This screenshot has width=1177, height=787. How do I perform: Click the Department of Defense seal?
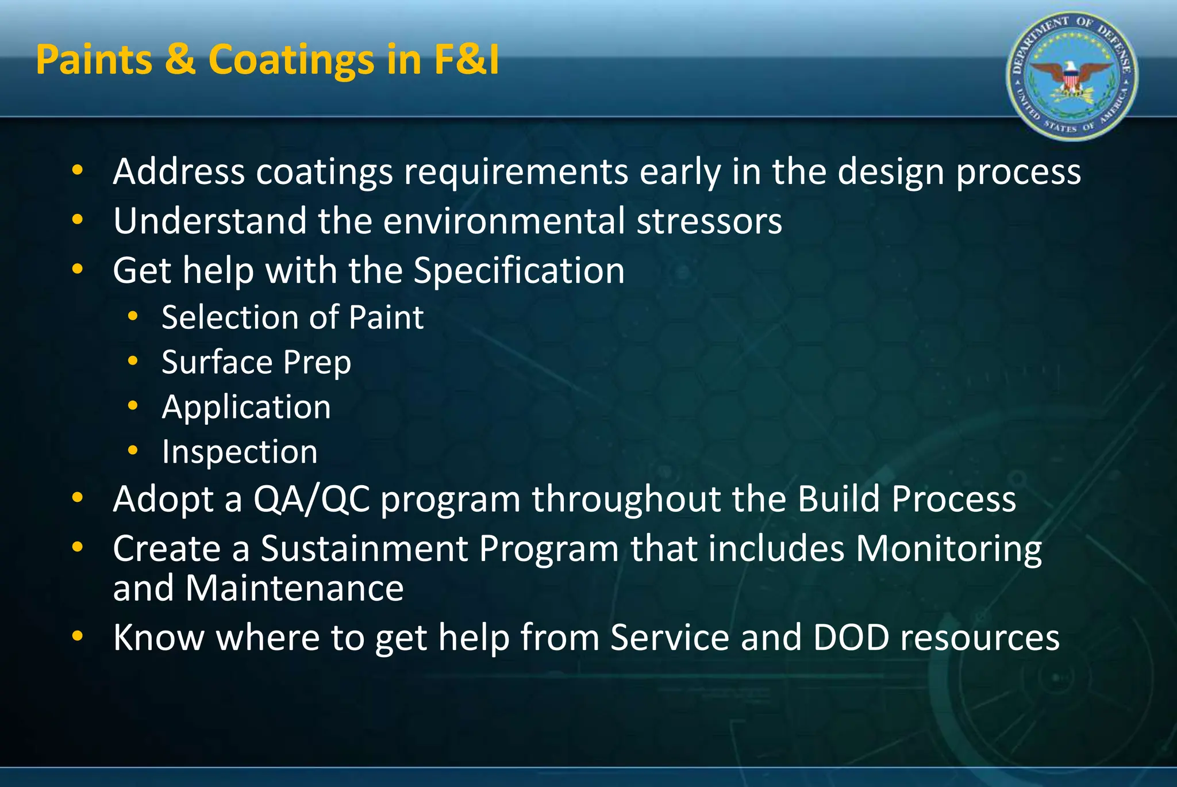(x=1072, y=76)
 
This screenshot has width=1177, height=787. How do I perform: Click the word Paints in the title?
(x=94, y=60)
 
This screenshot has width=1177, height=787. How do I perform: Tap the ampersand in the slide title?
(x=180, y=60)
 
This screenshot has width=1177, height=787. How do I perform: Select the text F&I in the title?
(x=467, y=60)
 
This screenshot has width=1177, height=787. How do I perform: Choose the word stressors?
(x=709, y=221)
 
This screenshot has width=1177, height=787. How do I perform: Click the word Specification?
(x=519, y=271)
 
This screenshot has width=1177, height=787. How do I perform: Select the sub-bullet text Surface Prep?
(x=256, y=362)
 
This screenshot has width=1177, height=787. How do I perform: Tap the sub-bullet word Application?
(x=247, y=407)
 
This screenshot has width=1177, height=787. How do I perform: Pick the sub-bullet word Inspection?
(x=240, y=452)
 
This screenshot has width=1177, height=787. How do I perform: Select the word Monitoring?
(x=948, y=548)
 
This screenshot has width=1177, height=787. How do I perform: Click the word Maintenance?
(x=294, y=588)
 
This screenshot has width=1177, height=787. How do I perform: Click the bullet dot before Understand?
(x=78, y=220)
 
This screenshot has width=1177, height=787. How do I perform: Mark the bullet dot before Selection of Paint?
(x=133, y=316)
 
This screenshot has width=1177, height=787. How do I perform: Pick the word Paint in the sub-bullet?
(x=386, y=317)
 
